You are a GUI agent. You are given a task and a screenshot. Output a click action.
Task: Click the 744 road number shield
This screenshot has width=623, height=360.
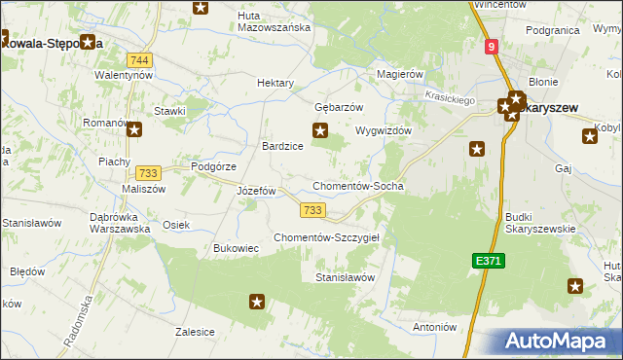click(144, 60)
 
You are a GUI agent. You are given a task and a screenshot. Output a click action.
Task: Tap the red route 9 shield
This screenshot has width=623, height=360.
click(493, 46)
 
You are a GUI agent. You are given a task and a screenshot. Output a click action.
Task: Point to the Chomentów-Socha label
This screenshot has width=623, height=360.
click(357, 186)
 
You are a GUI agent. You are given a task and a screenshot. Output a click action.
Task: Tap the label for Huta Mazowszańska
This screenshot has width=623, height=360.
click(274, 21)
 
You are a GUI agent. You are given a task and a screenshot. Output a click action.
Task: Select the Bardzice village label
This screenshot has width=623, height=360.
click(282, 146)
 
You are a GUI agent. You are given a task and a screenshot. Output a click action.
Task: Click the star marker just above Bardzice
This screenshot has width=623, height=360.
click(318, 130)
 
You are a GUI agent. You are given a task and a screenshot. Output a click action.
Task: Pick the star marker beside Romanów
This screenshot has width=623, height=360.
click(133, 127)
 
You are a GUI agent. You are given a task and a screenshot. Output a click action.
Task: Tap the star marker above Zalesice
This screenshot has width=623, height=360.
click(257, 302)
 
